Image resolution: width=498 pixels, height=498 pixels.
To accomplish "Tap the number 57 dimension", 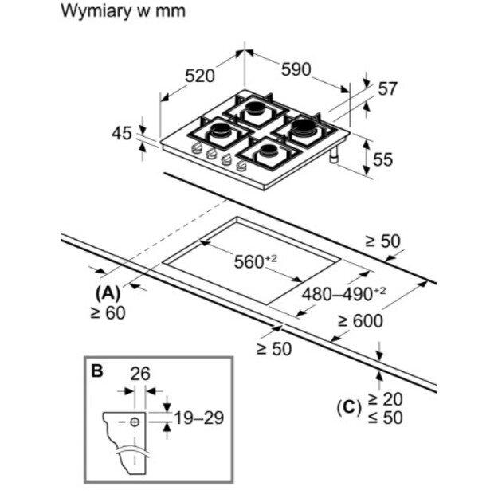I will click(387, 89).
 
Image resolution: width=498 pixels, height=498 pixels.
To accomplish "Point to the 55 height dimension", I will click(383, 159).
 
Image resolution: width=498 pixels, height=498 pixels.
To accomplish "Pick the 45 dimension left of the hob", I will click(121, 133).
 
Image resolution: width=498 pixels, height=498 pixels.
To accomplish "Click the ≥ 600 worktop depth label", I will click(359, 321).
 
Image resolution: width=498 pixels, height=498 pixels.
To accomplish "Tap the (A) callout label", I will click(109, 292).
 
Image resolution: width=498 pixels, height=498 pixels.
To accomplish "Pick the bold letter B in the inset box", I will click(97, 371).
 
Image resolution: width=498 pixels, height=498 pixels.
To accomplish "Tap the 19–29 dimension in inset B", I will click(198, 417).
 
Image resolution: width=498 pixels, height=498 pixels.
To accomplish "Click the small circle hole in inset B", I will click(135, 419).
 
